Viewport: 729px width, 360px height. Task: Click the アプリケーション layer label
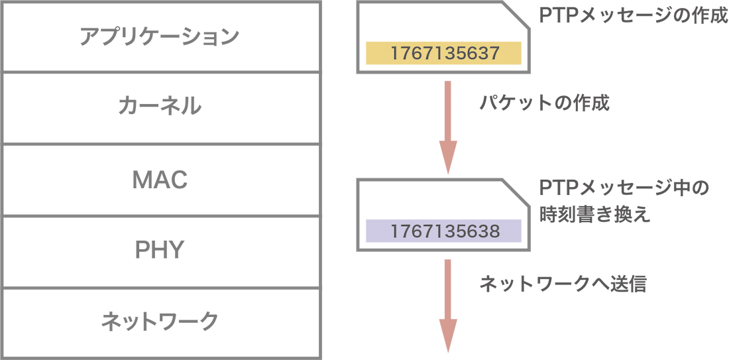tap(159, 37)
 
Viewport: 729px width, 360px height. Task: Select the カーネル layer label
tap(159, 106)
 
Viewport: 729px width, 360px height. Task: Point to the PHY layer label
tap(159, 250)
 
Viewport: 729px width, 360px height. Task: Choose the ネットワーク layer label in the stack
tap(159, 322)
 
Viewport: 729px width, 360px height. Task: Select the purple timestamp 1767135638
tap(444, 231)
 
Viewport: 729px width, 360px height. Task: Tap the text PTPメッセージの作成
tap(633, 17)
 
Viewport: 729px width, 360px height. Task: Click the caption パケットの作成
tap(543, 104)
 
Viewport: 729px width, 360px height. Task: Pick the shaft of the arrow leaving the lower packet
tap(448, 285)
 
